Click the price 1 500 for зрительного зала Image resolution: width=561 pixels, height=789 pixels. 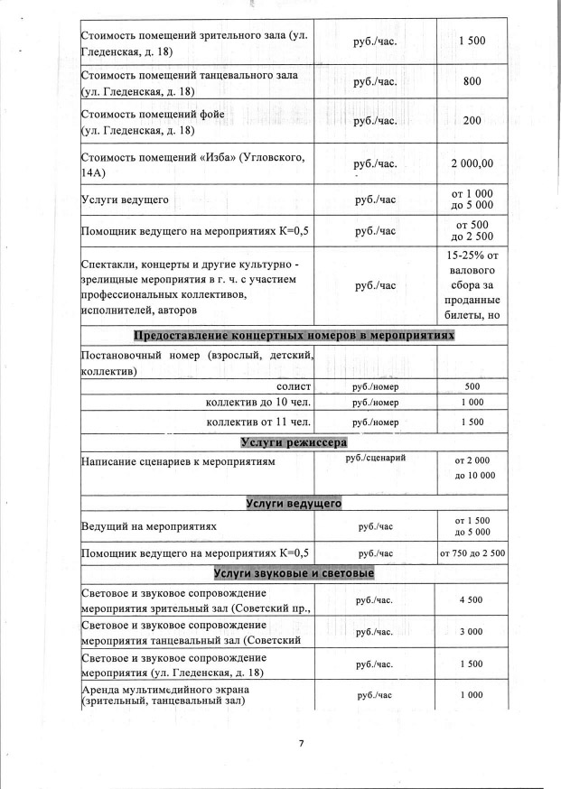tap(472, 42)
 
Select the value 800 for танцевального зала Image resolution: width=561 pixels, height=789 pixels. tap(472, 81)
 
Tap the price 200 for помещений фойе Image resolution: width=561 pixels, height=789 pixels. tap(472, 121)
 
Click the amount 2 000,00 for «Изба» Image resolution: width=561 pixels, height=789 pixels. tap(472, 164)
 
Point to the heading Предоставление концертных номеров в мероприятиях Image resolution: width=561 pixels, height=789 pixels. tap(294, 336)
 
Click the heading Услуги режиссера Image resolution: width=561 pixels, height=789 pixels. tap(294, 441)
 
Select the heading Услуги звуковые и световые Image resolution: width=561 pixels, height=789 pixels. tap(294, 573)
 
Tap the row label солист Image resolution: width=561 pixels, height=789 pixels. tap(294, 385)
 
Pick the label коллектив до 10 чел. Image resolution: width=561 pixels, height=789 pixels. tap(259, 403)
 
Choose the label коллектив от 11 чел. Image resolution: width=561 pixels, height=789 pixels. tap(259, 421)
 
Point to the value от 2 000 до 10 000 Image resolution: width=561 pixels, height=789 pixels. tap(474, 467)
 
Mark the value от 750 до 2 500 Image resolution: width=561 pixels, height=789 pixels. tap(472, 552)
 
